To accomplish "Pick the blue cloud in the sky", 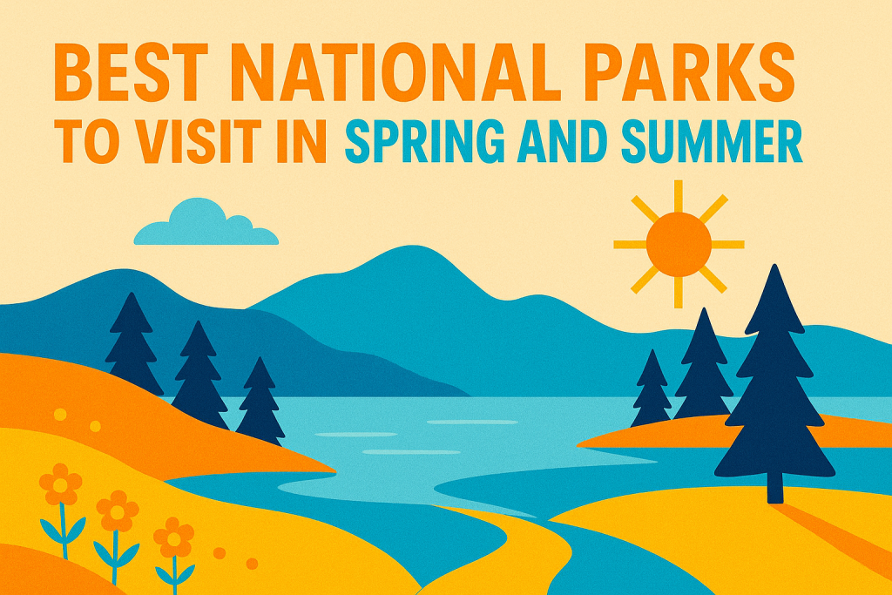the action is tap(206, 223).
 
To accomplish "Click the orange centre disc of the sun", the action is tap(679, 244).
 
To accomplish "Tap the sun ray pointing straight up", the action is tap(678, 196).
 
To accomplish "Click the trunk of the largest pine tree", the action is tap(774, 488).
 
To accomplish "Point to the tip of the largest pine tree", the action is tap(774, 265).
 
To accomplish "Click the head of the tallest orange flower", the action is tap(60, 484).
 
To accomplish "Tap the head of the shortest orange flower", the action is tap(174, 538).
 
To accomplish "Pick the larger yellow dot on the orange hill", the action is tap(60, 415).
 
